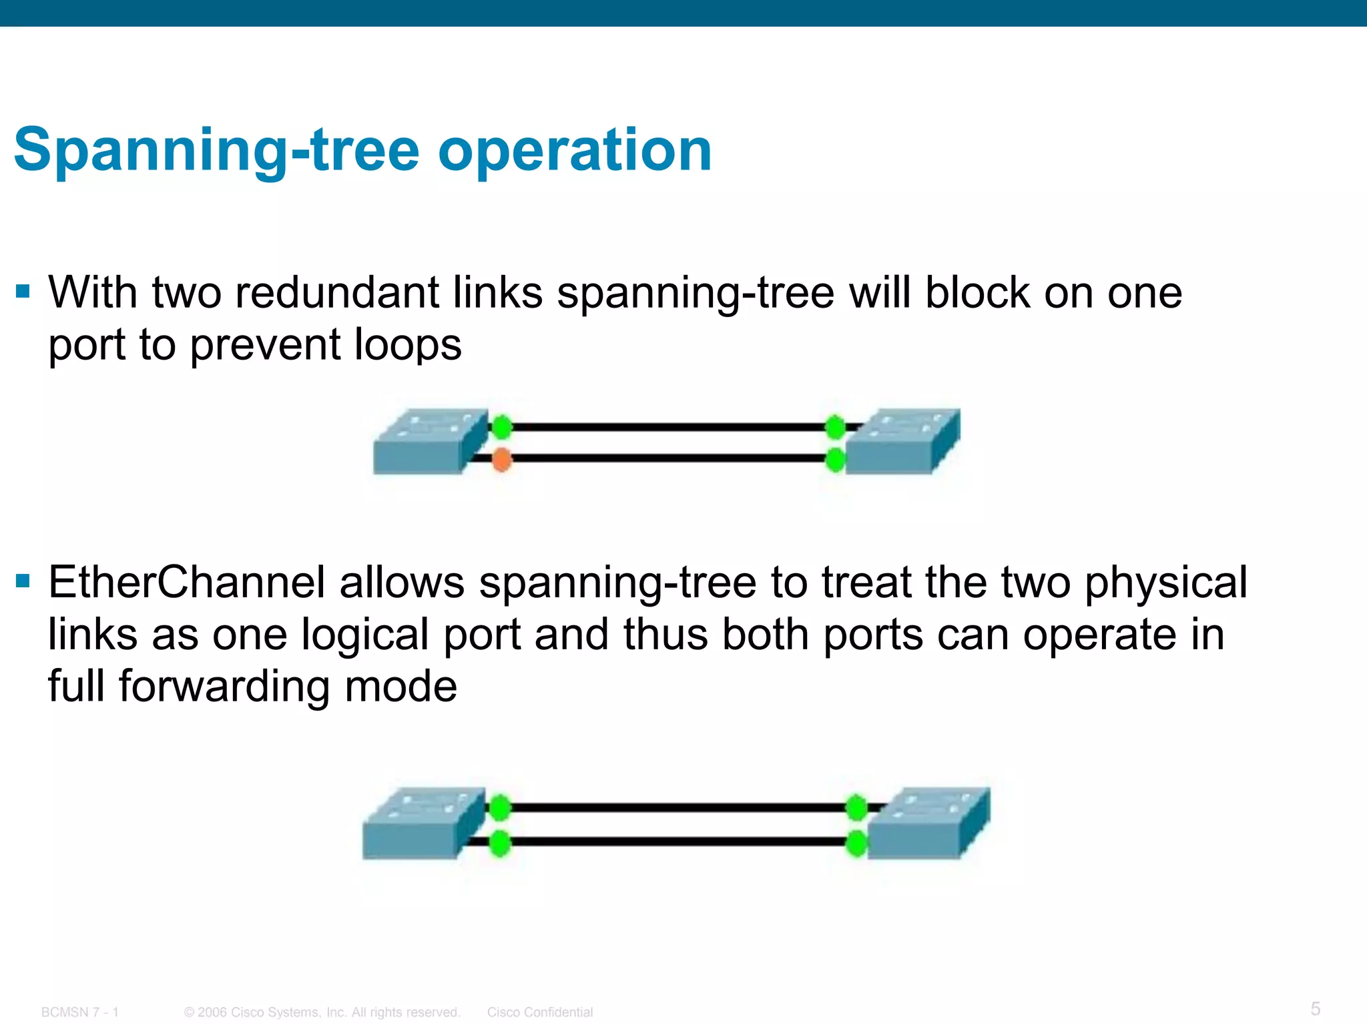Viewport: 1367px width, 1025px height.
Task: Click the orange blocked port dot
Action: click(501, 459)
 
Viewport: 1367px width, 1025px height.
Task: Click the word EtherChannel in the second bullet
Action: click(186, 583)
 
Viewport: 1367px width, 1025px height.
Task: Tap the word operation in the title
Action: click(575, 151)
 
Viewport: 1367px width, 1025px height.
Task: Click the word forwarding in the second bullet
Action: click(224, 687)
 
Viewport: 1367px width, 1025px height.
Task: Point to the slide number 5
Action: click(1316, 1008)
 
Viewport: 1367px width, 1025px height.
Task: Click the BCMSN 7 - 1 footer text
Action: click(80, 1012)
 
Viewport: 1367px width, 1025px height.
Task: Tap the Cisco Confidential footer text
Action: click(539, 1012)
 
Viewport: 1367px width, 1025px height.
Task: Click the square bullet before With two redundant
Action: click(23, 292)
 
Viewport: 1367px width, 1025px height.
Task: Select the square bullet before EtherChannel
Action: click(23, 581)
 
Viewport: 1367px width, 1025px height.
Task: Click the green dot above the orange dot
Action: click(502, 426)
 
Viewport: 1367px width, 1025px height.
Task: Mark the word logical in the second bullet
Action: click(365, 635)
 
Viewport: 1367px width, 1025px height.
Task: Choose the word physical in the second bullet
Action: click(1165, 583)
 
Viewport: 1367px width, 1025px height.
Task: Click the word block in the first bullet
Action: click(977, 293)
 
